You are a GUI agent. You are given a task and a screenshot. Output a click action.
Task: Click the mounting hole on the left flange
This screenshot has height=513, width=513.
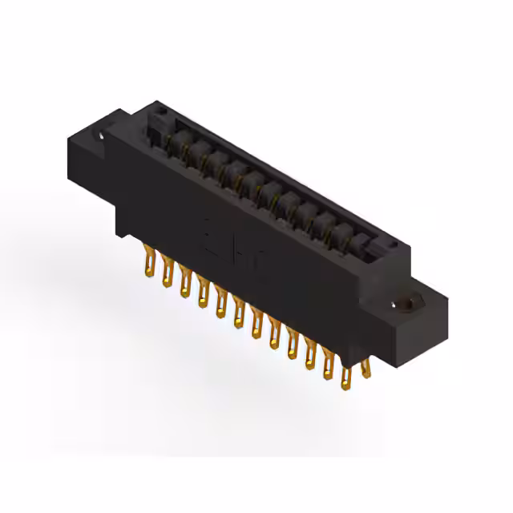pos(101,137)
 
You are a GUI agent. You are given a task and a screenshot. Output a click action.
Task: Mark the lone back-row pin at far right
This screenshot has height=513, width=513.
pos(366,366)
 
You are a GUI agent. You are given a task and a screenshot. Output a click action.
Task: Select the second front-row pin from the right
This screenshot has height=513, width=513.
pos(329,365)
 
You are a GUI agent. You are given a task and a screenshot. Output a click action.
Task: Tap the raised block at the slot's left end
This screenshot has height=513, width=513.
pos(156,120)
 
